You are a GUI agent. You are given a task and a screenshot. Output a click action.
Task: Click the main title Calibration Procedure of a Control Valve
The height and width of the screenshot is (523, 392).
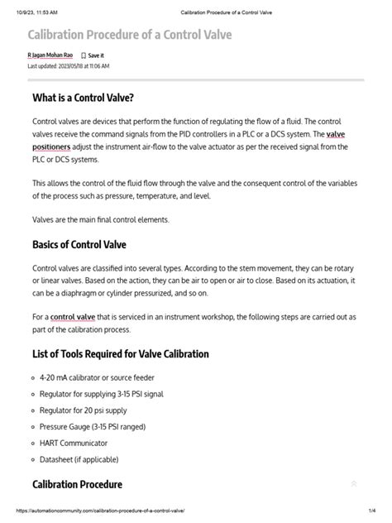click(x=130, y=36)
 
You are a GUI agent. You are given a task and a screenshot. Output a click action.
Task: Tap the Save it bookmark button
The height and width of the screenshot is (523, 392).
click(x=93, y=55)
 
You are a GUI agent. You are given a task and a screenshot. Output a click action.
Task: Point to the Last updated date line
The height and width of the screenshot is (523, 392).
click(x=68, y=65)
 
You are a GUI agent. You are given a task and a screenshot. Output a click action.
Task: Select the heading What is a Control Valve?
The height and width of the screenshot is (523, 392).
click(x=83, y=98)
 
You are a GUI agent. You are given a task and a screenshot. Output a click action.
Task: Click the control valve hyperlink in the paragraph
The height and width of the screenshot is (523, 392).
click(x=74, y=317)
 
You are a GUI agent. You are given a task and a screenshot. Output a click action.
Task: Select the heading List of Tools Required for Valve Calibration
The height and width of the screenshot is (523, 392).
click(x=120, y=353)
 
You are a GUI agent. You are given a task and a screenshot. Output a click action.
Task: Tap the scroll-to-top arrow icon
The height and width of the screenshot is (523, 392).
click(x=354, y=484)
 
